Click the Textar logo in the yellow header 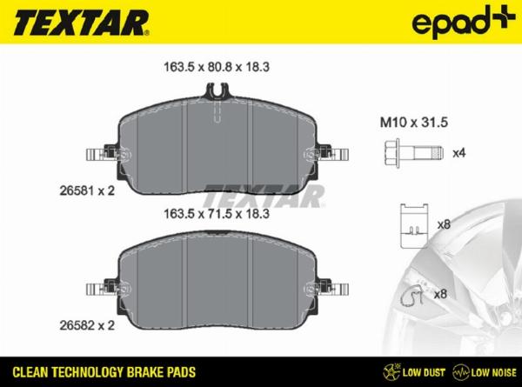[x=81, y=23]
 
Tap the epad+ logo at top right [x=463, y=21]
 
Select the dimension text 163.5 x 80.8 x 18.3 [x=217, y=67]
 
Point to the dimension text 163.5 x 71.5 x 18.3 [x=217, y=214]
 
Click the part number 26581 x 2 [x=87, y=190]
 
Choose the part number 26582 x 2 [x=87, y=325]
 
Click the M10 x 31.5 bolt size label [x=414, y=123]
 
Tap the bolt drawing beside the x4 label [x=414, y=153]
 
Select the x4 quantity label [x=459, y=153]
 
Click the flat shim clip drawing [x=414, y=226]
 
